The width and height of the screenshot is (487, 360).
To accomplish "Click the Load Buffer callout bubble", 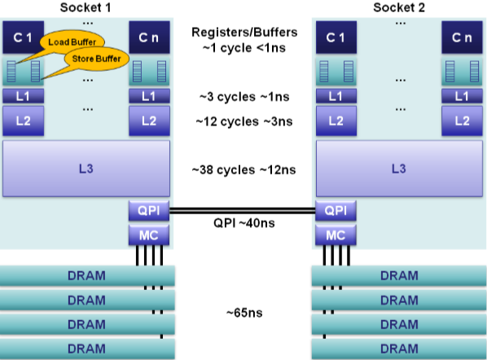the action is coord(72,42).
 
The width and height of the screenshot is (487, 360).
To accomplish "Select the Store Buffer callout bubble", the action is coord(96,59).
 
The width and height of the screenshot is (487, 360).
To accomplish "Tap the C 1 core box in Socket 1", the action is coord(24,37).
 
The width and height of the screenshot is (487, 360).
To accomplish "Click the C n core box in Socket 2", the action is coord(462,37).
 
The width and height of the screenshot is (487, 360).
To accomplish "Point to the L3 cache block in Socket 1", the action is coord(86,169).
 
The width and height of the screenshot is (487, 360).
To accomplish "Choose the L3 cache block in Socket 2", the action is coord(399,169).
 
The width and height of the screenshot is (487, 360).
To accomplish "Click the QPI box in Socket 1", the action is coord(149,211).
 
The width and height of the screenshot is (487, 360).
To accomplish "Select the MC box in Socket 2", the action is coord(336,235).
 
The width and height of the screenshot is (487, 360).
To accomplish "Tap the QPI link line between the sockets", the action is coord(243,211).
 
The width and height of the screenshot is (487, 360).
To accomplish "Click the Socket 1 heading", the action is coord(86,7).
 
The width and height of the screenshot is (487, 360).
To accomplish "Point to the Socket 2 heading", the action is coord(399,7).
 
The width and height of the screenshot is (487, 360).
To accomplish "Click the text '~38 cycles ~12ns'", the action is coord(243,170).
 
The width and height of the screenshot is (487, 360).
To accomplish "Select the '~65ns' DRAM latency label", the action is coord(244,313).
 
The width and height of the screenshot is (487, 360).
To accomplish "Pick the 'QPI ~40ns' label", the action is coord(244,223).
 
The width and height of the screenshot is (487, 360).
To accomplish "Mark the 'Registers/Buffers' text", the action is coord(244,33).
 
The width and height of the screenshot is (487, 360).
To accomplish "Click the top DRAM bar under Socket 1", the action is coord(87,276).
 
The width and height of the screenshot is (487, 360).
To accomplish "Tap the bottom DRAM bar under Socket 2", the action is coord(399,349).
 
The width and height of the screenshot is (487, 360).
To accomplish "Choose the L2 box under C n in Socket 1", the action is coord(149,121).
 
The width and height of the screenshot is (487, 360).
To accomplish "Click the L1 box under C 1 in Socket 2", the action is coord(336,96).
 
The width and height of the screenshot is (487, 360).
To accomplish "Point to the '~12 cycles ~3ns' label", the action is coord(244,121).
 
